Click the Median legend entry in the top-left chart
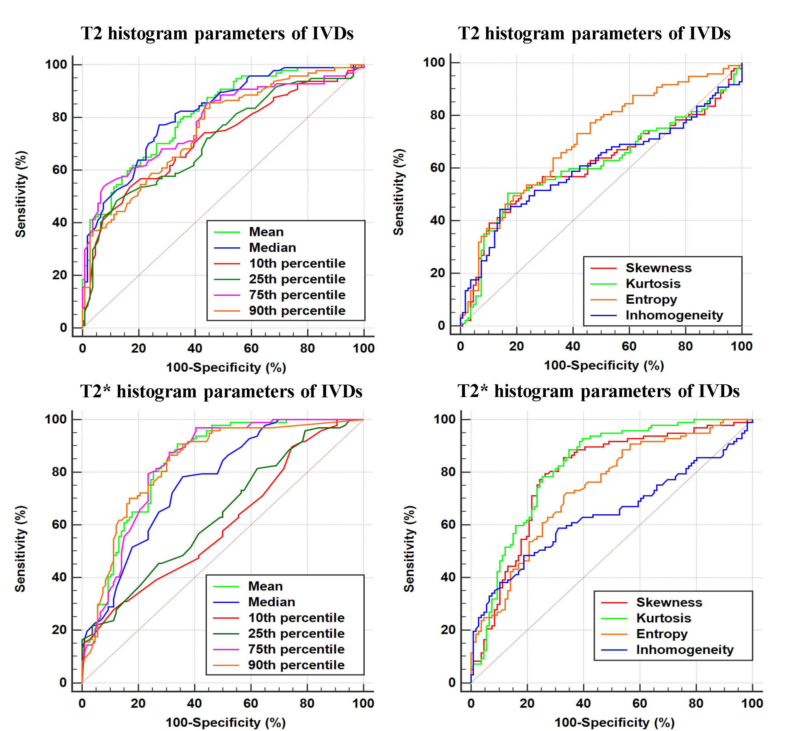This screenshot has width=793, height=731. point(272,248)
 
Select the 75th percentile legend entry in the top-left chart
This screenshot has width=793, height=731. point(297,295)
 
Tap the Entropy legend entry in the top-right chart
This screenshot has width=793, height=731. point(651,300)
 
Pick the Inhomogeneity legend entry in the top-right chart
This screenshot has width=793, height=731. point(674,315)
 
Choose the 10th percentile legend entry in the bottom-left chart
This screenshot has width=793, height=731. point(296,618)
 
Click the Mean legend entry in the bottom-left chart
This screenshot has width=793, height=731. point(265,586)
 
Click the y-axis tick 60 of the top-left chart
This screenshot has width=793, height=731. point(60,170)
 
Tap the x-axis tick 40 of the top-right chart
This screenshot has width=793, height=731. point(573,347)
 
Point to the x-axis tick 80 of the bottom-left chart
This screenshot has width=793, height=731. point(307,703)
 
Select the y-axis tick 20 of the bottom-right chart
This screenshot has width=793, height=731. point(448,630)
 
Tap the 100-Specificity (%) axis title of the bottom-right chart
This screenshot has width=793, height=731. point(615,722)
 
